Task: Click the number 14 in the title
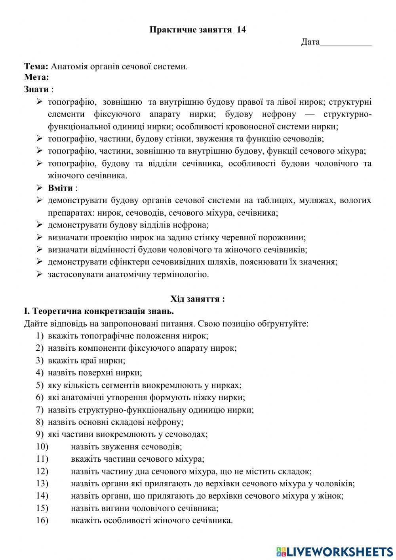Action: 241,30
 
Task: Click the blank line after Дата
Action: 346,42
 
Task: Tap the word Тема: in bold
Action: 36,67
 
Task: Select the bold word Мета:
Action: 36,77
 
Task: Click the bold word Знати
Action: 36,89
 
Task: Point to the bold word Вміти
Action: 60,188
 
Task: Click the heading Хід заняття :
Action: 198,299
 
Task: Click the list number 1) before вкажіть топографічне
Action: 39,336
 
